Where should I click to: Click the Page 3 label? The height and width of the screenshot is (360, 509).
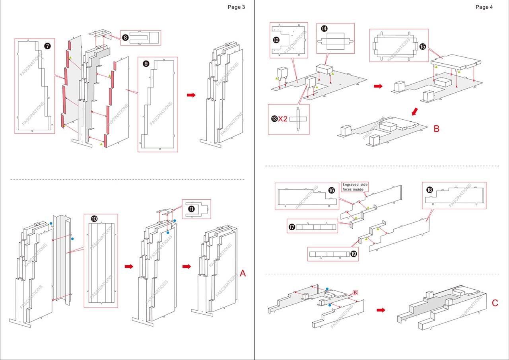coord(236,7)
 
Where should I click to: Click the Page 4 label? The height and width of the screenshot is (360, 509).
coord(484,7)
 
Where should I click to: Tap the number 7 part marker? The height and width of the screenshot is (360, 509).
coord(47,46)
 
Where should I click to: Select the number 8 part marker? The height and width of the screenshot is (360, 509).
coord(125,38)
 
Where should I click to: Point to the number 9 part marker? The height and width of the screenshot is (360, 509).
coord(146,64)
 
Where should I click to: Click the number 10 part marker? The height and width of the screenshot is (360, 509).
coord(94,219)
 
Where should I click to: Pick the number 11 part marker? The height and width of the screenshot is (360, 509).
coord(191,208)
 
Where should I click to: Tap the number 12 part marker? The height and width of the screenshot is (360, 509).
coord(276,40)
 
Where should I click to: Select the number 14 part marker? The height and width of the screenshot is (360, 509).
coord(324,29)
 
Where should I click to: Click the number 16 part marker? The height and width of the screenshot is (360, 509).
coord(332,191)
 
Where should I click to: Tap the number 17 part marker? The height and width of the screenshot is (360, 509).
coord(292,227)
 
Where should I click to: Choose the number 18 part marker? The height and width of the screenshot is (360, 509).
coord(430,190)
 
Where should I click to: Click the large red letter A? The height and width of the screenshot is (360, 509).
coord(243,273)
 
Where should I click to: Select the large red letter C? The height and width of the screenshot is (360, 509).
coord(495,303)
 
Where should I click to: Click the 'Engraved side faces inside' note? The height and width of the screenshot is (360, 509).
coord(355,187)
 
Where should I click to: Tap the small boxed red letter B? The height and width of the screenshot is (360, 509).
coord(355,293)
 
